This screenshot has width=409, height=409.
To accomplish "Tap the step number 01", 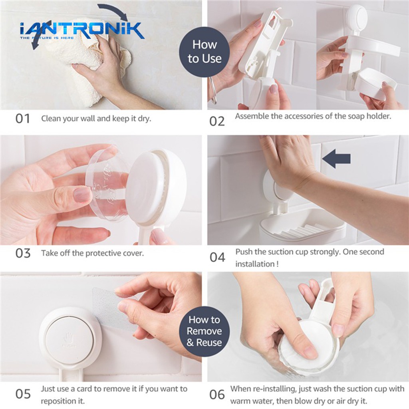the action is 23,119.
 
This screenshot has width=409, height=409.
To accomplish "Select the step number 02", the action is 217,121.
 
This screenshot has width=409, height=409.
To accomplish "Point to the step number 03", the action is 23,253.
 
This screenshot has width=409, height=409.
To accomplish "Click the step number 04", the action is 217,257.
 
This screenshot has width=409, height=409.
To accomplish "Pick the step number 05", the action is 23,394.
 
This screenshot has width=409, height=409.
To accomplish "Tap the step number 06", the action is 217,394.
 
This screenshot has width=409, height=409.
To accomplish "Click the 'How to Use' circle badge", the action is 204,52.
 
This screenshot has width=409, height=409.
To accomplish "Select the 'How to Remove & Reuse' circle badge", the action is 204,331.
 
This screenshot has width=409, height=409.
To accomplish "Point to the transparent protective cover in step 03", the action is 107,184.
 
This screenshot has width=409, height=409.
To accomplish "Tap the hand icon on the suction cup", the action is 68,338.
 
